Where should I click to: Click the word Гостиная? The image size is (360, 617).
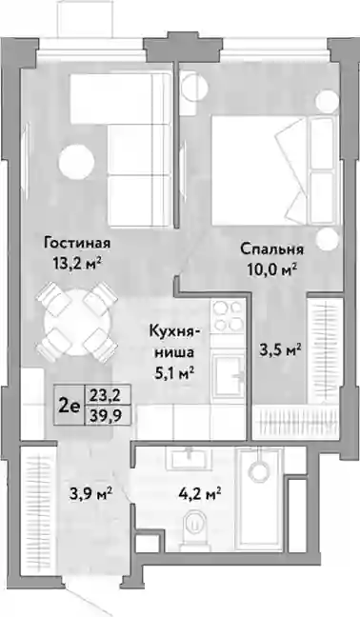pos(77,243)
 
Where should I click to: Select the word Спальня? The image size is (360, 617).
pos(271,249)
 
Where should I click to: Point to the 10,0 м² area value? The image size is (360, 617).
pos(271,269)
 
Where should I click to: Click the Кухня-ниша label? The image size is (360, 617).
pos(174,342)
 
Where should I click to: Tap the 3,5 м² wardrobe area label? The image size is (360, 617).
pos(281,349)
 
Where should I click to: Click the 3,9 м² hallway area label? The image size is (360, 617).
pos(91,492)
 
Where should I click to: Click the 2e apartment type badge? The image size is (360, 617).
pos(70,405)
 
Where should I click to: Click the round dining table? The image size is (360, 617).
pos(77,322)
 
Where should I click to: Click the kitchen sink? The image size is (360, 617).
pos(229,376)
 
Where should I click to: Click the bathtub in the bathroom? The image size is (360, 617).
pos(260,501)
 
